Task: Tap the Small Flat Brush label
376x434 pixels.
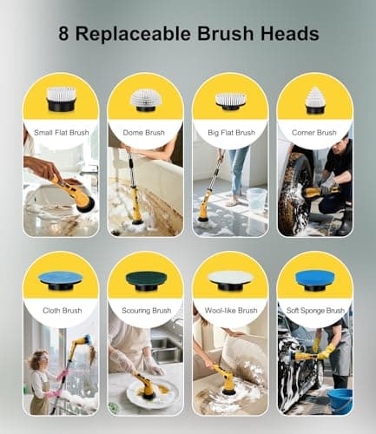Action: (x=59, y=133)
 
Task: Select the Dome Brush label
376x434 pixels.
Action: (x=144, y=133)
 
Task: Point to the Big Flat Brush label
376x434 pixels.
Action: (x=230, y=133)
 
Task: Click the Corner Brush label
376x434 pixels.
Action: (x=314, y=133)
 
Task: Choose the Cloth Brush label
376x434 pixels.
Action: (x=59, y=311)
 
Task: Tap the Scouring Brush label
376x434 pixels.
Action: (x=144, y=311)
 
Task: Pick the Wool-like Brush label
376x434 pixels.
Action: (x=230, y=311)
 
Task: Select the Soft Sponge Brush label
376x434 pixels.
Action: (x=314, y=311)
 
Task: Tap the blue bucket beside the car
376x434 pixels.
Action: (x=340, y=401)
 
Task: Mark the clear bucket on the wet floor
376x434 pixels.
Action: (x=257, y=199)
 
